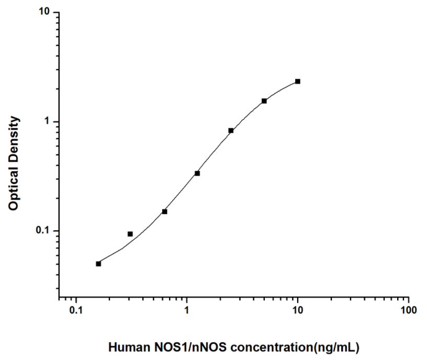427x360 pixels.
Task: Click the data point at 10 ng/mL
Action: (298, 81)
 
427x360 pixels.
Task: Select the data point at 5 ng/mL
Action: (264, 101)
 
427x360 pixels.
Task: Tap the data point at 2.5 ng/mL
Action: (231, 130)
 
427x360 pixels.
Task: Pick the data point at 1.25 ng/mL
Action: (197, 173)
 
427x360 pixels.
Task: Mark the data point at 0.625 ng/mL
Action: (164, 211)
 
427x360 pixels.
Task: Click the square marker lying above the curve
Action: (130, 234)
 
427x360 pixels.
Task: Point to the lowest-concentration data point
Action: (98, 264)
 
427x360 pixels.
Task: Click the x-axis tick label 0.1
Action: (76, 310)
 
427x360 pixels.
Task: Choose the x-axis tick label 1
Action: (187, 310)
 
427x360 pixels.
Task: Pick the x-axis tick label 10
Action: (298, 310)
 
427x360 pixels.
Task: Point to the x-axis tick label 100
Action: (408, 310)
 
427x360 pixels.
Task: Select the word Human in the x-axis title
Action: (126, 347)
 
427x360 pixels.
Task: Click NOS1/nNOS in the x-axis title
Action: (178, 347)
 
